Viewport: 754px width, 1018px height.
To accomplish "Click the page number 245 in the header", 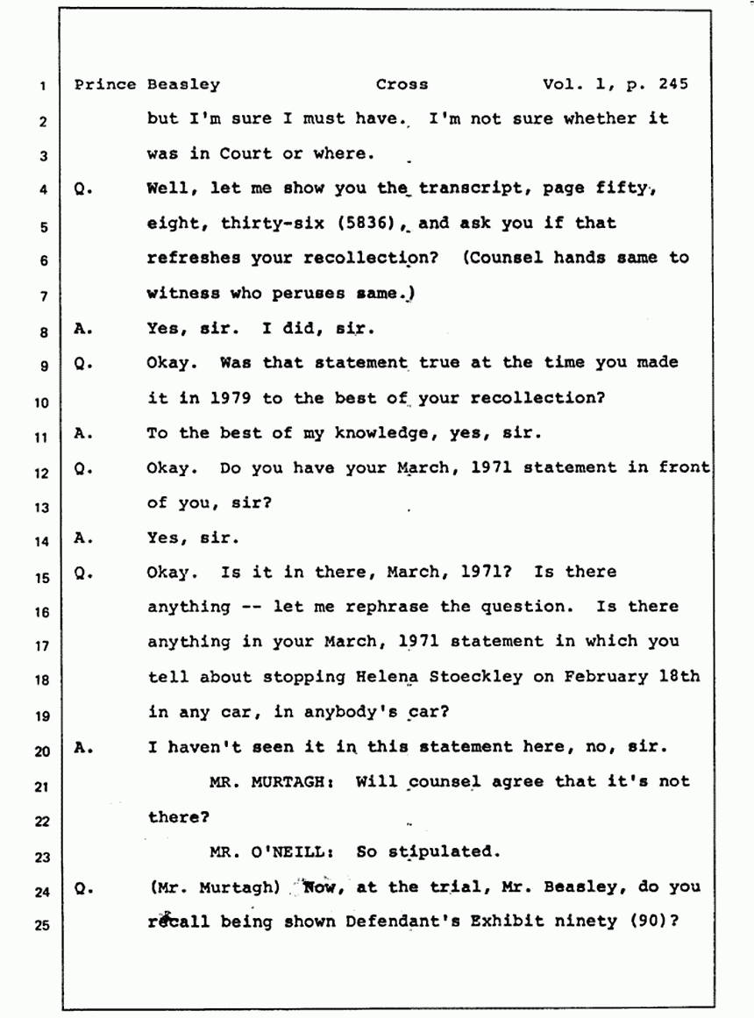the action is [672, 84].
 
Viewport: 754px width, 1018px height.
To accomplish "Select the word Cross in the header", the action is [402, 84].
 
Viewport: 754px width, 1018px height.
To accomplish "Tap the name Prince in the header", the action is [104, 84].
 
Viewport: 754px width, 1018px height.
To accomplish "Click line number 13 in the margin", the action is [42, 508].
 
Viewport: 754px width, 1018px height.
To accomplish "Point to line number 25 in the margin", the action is [42, 925].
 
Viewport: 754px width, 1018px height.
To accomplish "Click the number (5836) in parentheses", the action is [366, 223].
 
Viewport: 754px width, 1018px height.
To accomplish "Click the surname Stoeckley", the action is [475, 677].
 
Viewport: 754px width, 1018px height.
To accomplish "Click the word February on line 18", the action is [605, 677].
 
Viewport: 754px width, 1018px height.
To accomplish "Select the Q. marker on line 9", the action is [83, 364].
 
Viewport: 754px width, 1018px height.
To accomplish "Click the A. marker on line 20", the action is [83, 747].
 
